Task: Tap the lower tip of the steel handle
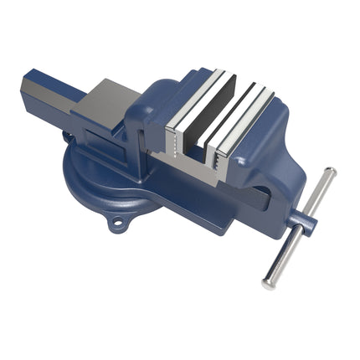tap(268, 283)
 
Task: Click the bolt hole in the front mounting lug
tap(117, 223)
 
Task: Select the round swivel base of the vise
tap(92, 180)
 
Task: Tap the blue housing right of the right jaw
tap(272, 155)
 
